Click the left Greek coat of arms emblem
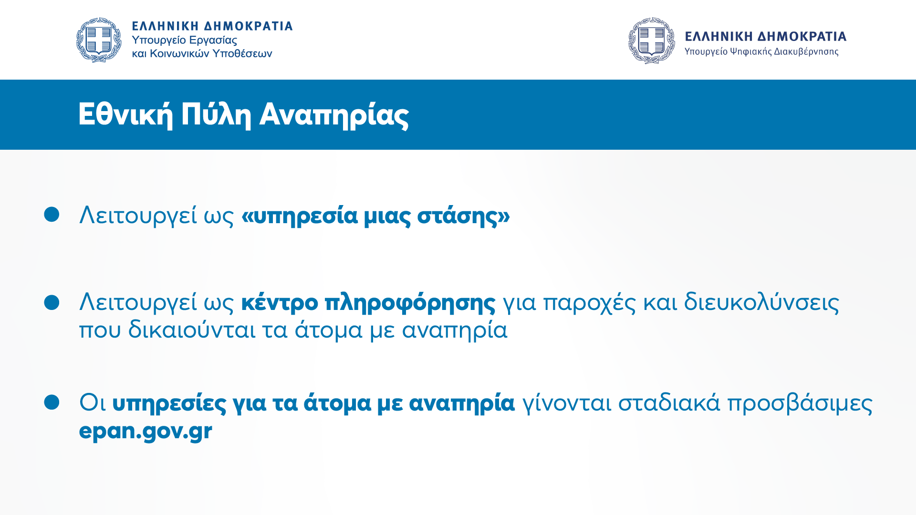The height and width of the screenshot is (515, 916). (x=99, y=40)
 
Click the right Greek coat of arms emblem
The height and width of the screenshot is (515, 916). (x=651, y=41)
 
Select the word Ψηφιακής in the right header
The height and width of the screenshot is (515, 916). (x=750, y=51)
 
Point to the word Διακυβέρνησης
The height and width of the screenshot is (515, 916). (x=806, y=51)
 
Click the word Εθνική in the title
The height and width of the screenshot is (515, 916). (x=125, y=115)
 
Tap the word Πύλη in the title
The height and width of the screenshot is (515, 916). (x=216, y=115)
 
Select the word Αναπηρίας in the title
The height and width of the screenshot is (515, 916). (x=334, y=115)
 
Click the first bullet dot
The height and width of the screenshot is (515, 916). (x=52, y=214)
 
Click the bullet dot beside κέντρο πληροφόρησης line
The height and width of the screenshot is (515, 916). (x=52, y=302)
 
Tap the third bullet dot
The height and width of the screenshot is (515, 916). (x=52, y=402)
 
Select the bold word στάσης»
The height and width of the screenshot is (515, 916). (x=463, y=216)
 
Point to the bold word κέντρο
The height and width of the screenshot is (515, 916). (x=280, y=302)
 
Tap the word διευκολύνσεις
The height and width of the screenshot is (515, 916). (x=761, y=302)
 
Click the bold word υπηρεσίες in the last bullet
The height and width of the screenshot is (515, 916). (x=169, y=403)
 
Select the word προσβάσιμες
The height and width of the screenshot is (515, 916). (x=800, y=403)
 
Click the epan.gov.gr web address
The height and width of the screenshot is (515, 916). (x=146, y=431)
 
